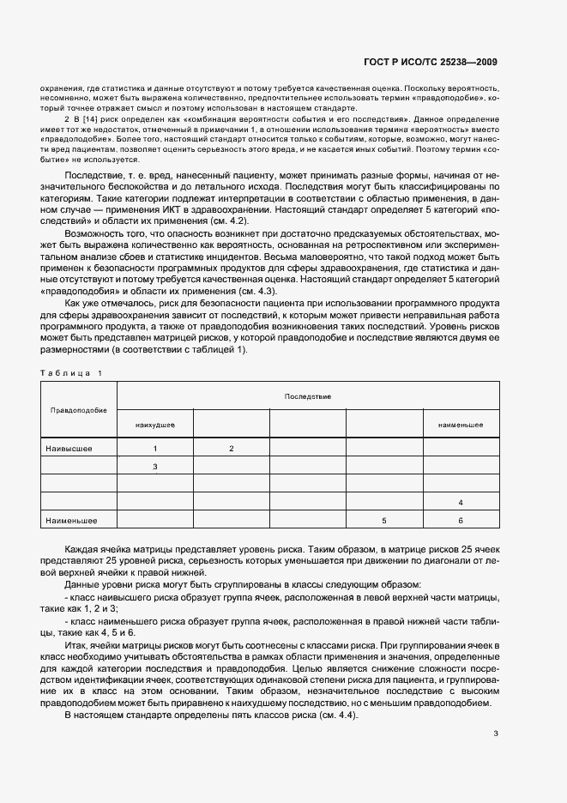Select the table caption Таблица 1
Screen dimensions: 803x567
[70, 372]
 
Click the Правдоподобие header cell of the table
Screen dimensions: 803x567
[79, 410]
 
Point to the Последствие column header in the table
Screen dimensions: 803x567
[308, 396]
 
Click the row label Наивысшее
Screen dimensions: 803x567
[69, 449]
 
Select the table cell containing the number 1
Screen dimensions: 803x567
[155, 449]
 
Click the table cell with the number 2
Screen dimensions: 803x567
[232, 449]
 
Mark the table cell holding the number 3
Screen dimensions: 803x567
[155, 467]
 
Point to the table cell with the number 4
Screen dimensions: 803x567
[461, 502]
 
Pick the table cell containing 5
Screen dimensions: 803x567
[384, 520]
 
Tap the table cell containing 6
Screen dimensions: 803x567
[461, 520]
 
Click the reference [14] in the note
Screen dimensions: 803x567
[87, 119]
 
